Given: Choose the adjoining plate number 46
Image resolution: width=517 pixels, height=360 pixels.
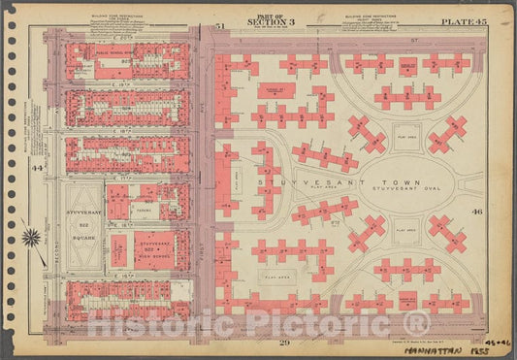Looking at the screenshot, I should pyautogui.click(x=503, y=210).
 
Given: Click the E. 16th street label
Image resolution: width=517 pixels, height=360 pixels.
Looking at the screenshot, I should pyautogui.click(x=127, y=277).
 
